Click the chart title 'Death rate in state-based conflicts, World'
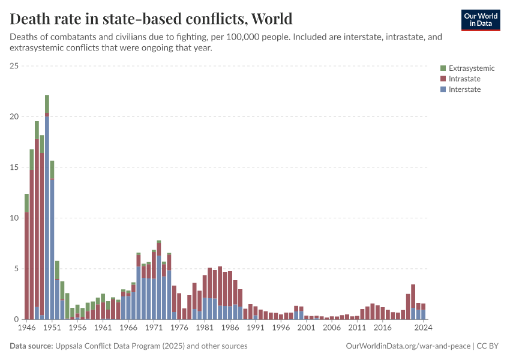151,18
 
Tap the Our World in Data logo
480,20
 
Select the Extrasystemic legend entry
466,68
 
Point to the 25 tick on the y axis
14,65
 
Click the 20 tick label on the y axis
14,116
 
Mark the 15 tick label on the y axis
14,167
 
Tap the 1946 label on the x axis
27,329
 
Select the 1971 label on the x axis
154,329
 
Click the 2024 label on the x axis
423,329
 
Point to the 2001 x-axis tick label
306,329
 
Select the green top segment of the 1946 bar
26,203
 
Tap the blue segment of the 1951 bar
52,252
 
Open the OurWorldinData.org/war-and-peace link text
409,346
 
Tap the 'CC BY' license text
489,346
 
